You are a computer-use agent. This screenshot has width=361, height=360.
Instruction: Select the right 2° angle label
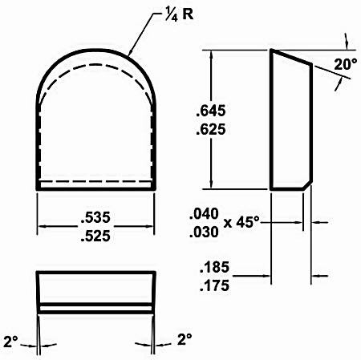(185, 339)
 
